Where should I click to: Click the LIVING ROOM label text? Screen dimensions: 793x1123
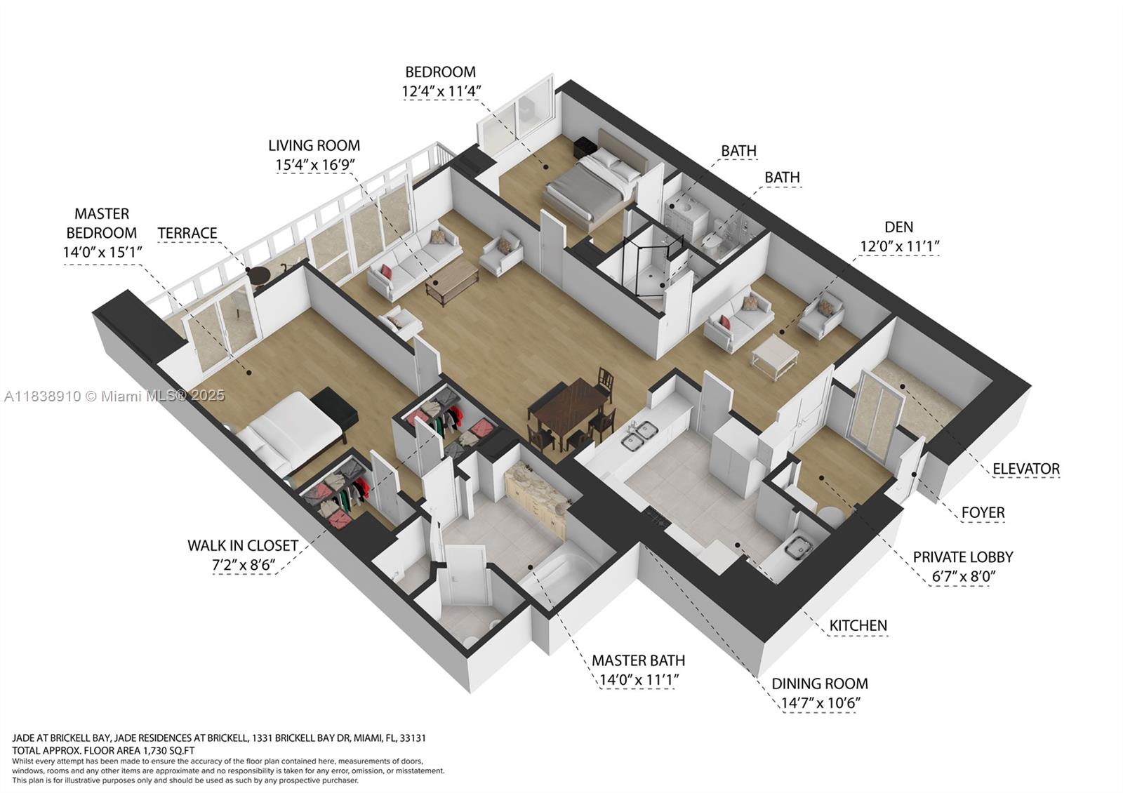(314, 145)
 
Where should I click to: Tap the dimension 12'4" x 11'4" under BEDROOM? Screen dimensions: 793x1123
(441, 91)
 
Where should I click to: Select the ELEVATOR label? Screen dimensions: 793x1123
(1025, 468)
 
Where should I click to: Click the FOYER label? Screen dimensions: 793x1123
(983, 512)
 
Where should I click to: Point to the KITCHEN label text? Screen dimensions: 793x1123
(858, 625)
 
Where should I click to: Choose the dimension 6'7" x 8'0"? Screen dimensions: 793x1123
(962, 576)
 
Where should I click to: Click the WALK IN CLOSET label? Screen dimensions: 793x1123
(242, 545)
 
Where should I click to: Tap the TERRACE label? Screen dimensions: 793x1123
(187, 233)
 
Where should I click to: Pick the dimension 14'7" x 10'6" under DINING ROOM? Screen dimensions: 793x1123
(819, 702)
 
